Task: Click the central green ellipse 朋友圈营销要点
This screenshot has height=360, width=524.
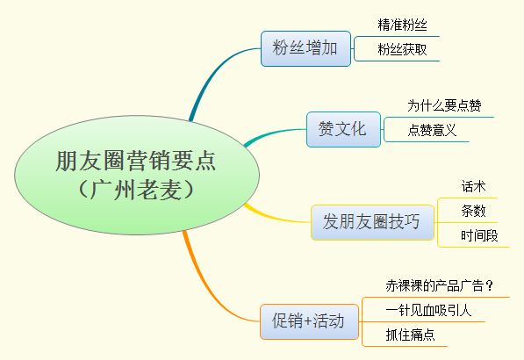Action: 137,175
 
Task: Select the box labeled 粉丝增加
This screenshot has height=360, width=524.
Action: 305,49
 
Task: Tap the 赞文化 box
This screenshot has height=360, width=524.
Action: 343,129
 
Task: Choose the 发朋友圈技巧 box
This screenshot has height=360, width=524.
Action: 372,222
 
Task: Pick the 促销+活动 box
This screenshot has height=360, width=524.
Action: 309,321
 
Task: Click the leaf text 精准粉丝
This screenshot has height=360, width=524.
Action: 402,25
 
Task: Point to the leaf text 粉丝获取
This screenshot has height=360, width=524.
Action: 402,49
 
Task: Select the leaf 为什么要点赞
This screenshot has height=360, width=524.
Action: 444,105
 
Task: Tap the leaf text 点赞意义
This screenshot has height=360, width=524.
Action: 432,130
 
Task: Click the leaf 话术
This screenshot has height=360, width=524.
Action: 474,186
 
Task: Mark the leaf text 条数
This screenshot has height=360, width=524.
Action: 474,211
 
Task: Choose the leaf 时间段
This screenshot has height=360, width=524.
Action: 479,235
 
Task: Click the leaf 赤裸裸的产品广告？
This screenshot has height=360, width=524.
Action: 440,285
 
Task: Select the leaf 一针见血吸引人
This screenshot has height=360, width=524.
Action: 428,310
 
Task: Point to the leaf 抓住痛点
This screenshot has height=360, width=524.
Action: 410,335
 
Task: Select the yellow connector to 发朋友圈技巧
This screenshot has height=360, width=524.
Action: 275,218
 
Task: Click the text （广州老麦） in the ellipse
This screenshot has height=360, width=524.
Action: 136,190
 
